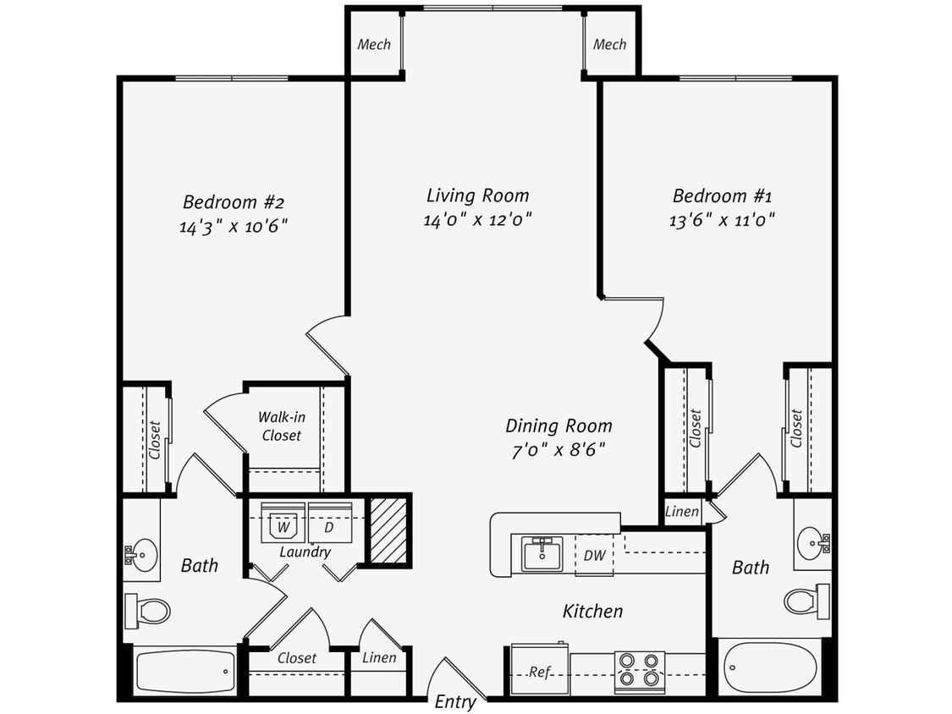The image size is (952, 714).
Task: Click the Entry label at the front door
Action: [x=455, y=702]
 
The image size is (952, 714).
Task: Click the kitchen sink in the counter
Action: [x=542, y=554]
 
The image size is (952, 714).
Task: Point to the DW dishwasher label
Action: [x=594, y=556]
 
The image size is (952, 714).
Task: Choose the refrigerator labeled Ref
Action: [x=540, y=672]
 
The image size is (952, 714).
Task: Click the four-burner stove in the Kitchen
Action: [x=639, y=668]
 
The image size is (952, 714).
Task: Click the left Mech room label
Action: [x=373, y=44]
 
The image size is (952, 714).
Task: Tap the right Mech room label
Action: [x=609, y=44]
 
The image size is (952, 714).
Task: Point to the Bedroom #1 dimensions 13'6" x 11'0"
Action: [x=722, y=219]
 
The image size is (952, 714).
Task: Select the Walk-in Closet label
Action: [x=280, y=426]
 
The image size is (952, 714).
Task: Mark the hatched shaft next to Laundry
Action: [x=389, y=530]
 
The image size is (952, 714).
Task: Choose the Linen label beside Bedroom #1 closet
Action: [x=682, y=512]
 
